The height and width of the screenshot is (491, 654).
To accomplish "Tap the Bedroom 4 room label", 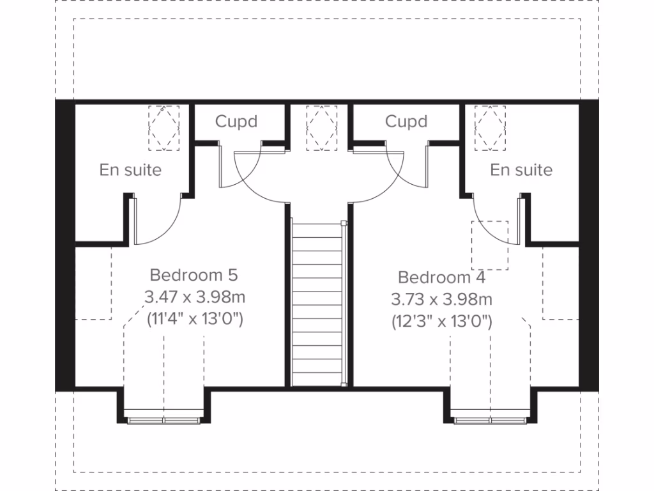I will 441,277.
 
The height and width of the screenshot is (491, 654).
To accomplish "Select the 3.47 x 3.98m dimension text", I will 195,297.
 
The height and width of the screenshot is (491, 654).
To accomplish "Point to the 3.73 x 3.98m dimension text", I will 441,299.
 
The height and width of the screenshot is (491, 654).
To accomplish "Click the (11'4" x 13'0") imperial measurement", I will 195,318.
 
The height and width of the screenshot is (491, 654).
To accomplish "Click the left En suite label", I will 130,170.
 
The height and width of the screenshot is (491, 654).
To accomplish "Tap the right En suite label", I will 521,170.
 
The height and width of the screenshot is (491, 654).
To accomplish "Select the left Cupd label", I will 236,121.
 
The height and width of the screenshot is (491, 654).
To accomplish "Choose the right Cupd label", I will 406,121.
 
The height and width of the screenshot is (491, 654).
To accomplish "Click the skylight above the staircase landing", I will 321,128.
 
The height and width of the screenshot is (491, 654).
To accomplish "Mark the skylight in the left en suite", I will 164,128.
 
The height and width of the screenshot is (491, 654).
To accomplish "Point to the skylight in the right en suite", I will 490,128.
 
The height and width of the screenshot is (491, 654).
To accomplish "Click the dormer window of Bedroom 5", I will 163,419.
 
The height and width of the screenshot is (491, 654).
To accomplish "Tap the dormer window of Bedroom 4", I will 490,419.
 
